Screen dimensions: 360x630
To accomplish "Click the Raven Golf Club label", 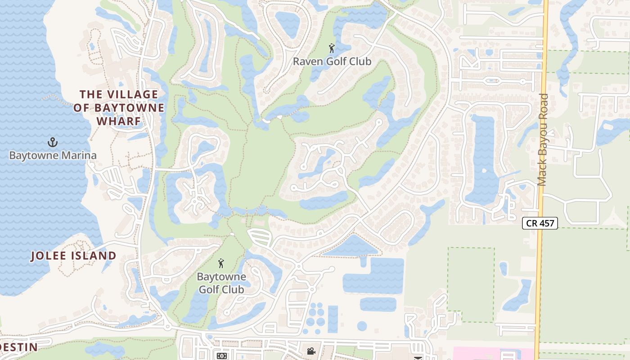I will coord(332,61).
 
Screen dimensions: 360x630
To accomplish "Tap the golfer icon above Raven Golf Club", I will coord(332,48).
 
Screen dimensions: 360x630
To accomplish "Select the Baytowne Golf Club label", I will coord(222,283).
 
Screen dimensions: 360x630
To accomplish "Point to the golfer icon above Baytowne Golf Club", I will coord(221,263).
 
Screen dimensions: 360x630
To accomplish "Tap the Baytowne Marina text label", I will coord(53,156).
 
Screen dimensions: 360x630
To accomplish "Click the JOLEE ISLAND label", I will coord(74,256).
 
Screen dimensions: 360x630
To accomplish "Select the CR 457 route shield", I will coord(540,223).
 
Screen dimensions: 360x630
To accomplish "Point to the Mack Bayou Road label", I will coord(542,139).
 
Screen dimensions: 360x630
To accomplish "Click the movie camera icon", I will coord(311,351).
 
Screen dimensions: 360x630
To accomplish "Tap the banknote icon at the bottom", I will coord(222,355).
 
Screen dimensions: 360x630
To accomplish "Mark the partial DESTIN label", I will coord(18,347).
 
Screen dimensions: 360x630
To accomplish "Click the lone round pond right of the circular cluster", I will coord(362,326).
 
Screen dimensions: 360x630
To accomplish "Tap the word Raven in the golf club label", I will coord(306,61).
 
